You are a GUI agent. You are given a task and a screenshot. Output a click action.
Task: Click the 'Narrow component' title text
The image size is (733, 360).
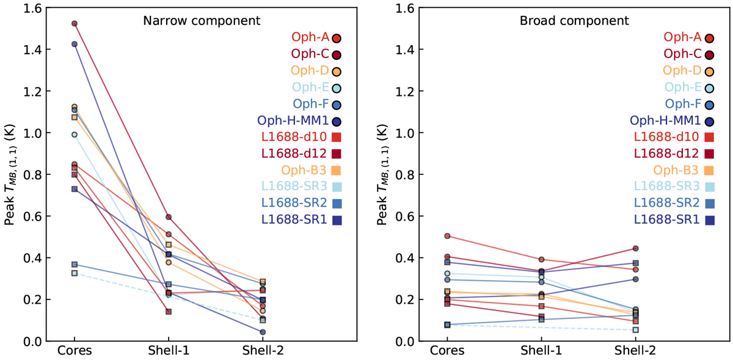coord(202,21)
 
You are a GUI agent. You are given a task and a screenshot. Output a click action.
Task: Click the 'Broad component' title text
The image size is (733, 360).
coord(574,21)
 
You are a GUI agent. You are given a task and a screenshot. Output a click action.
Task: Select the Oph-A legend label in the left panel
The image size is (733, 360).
coord(310,38)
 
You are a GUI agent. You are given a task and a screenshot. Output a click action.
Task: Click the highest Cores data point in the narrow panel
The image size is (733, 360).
coord(75,24)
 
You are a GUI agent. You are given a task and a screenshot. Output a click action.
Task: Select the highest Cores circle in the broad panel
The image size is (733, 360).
coord(447,236)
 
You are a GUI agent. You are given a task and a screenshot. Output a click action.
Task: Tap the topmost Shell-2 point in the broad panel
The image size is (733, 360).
coord(635,248)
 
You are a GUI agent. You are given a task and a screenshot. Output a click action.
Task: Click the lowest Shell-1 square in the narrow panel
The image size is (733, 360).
coord(168,312)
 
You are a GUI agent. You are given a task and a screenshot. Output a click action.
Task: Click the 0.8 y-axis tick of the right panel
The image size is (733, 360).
coord(408,175)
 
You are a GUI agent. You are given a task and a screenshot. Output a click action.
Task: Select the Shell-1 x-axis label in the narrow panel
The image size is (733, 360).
coord(168,351)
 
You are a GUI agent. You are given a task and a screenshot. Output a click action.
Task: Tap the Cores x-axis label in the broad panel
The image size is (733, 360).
coord(447,351)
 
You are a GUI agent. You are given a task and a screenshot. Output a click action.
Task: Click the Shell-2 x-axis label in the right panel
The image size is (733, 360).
coord(635,351)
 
